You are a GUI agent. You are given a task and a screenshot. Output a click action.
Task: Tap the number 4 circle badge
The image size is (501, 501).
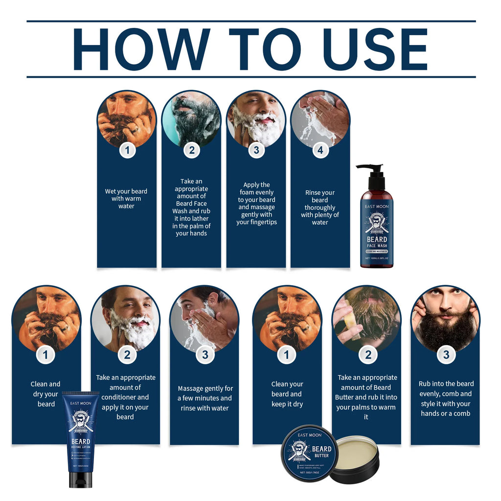320,150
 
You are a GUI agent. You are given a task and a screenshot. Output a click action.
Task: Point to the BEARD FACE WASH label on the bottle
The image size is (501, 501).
377,242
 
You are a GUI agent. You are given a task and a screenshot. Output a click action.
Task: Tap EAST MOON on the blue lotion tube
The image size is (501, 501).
81,403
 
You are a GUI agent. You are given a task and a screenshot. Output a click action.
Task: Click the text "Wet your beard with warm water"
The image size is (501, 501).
126,199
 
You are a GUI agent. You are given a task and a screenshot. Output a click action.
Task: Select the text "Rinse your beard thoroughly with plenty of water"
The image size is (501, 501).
320,207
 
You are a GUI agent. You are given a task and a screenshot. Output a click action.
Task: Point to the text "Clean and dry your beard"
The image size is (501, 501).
46,394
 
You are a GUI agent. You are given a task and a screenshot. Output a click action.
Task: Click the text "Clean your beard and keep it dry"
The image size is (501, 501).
287,394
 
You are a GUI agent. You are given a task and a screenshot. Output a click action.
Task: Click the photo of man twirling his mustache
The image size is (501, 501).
445,318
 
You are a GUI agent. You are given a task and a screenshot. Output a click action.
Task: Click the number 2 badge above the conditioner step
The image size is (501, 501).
127,355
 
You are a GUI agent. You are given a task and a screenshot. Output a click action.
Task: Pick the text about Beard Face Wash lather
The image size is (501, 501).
191,207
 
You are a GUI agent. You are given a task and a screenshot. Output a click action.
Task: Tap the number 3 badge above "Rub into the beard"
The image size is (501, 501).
446,355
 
